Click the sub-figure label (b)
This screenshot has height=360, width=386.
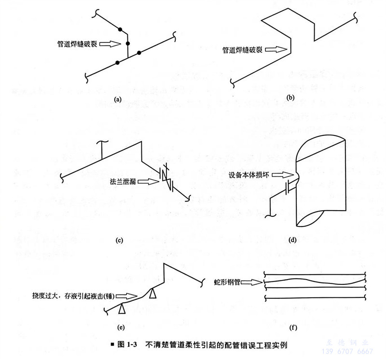pos(290,98)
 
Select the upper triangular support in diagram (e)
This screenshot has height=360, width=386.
pos(153,293)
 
